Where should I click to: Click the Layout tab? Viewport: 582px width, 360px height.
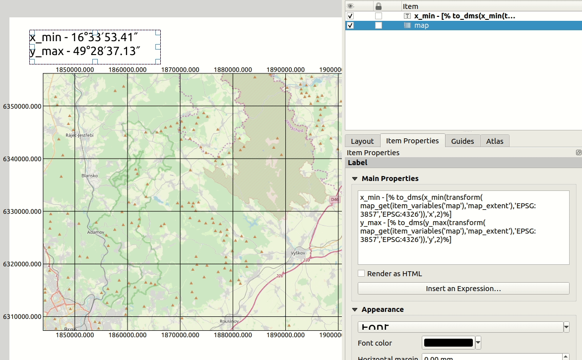362,141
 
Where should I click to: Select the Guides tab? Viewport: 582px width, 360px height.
462,141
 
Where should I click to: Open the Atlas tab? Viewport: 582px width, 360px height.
495,141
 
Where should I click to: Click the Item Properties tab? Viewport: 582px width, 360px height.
412,141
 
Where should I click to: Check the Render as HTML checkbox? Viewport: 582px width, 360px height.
361,274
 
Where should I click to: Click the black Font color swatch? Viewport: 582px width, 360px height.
448,343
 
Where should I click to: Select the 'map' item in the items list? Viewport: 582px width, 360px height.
421,25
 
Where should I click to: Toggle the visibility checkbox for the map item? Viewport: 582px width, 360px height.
351,25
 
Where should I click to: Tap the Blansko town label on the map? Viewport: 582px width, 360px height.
90,176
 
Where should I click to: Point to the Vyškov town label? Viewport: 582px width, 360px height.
298,253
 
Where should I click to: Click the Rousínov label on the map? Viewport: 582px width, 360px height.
229,321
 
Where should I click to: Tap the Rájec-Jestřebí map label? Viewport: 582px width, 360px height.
80,135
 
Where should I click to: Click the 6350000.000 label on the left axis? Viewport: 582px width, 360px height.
21,107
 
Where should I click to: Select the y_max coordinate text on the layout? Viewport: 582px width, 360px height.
85,51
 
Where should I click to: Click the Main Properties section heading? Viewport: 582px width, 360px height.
390,179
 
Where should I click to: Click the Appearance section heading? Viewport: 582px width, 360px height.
383,309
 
